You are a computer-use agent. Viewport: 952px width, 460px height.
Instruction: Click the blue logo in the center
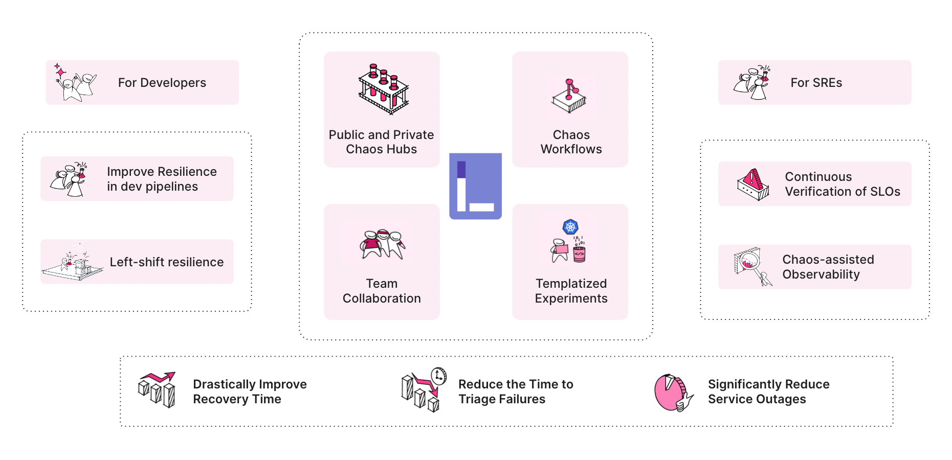(475, 186)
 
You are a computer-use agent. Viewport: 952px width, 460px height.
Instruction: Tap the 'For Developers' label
(162, 83)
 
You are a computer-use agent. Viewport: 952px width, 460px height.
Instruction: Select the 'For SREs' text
(816, 83)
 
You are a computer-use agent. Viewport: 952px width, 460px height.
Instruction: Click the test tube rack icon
(384, 89)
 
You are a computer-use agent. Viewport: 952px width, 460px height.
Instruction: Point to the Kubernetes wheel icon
(570, 226)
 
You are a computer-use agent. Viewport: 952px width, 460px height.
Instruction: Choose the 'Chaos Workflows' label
(571, 142)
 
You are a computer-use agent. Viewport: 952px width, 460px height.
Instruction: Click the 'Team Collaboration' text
(382, 291)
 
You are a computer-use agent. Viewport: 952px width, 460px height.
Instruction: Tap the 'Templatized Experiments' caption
(571, 291)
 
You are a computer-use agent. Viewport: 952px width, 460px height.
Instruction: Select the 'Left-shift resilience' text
(167, 262)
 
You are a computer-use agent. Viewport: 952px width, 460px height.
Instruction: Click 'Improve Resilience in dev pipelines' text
(162, 179)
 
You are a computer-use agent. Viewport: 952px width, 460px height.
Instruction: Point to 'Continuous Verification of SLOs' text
(842, 184)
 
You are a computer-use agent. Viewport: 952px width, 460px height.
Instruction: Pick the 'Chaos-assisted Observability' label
(828, 267)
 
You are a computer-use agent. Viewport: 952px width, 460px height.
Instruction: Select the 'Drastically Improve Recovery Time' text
(250, 392)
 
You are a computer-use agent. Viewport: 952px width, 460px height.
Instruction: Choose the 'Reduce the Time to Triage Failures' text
(515, 392)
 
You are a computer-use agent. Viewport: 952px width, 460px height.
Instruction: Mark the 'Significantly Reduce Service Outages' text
(768, 392)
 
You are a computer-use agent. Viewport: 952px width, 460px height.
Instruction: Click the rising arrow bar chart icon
(157, 389)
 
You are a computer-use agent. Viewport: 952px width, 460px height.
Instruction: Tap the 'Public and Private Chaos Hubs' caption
(381, 142)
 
